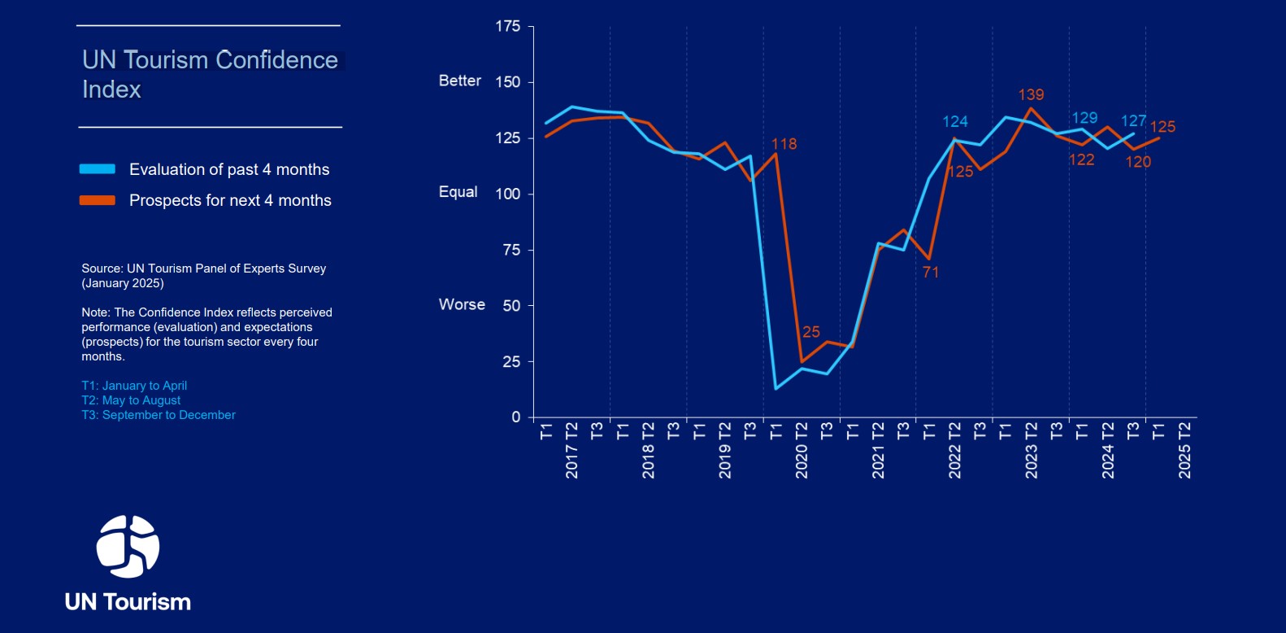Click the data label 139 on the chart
click(1031, 95)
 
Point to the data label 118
click(784, 144)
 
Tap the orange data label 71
click(931, 273)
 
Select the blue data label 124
click(955, 122)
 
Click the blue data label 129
click(1084, 118)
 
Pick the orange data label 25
click(811, 332)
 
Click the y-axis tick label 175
click(508, 27)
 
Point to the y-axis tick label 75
click(511, 250)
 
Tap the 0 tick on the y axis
click(515, 417)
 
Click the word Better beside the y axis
click(460, 81)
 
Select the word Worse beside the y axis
click(462, 304)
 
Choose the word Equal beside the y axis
click(458, 192)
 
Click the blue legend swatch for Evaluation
click(97, 169)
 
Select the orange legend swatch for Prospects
click(97, 200)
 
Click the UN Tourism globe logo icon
click(128, 546)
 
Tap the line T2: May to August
click(131, 400)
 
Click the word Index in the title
click(111, 89)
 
